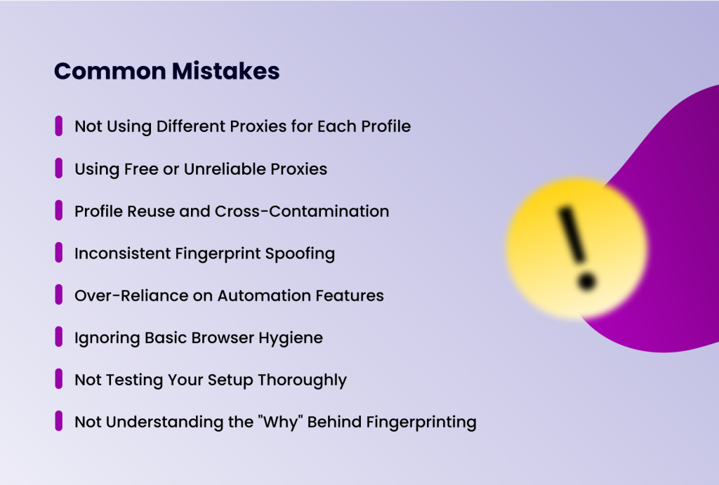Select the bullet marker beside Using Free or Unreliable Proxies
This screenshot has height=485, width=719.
point(59,168)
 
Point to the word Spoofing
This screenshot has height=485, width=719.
point(300,253)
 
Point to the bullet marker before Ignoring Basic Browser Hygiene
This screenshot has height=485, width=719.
point(59,337)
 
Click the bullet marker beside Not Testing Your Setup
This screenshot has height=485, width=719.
point(59,379)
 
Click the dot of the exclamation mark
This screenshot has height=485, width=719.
point(586,282)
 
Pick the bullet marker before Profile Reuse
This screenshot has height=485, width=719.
point(59,211)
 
